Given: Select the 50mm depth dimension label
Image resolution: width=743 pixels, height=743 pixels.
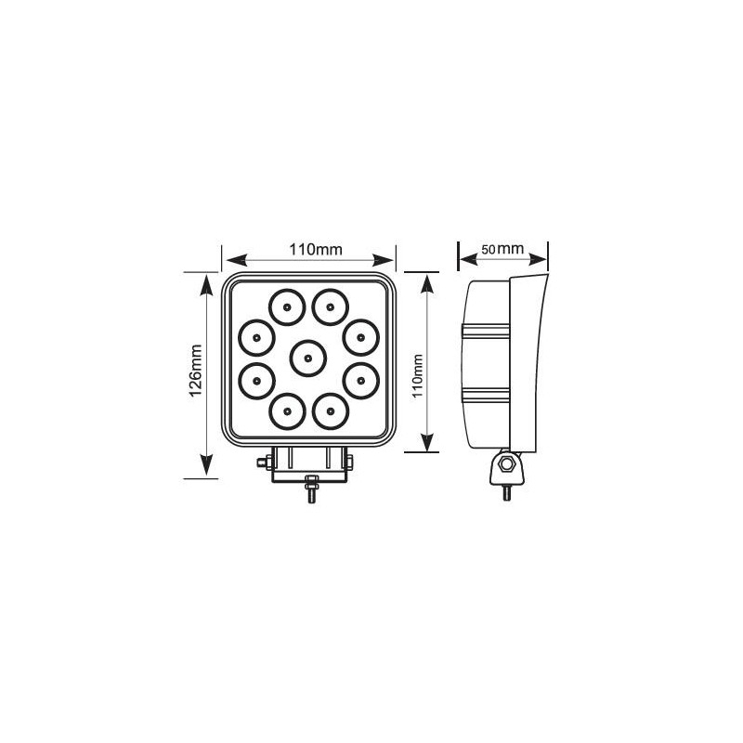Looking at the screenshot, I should (x=502, y=250).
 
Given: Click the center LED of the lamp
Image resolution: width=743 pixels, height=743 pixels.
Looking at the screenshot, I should (x=307, y=356).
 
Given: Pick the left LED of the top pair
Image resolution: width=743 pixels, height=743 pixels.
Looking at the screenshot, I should (x=287, y=305).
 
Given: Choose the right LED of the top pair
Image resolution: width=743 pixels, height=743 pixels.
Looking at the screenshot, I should (x=329, y=305).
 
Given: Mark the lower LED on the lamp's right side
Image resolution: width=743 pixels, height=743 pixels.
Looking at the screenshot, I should (x=359, y=378).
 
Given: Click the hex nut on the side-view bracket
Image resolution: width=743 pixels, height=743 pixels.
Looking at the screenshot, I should (x=506, y=464).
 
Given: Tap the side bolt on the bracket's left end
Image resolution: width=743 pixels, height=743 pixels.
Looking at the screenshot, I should (x=264, y=462).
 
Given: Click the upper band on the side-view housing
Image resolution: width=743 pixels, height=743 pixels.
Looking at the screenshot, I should (x=487, y=330).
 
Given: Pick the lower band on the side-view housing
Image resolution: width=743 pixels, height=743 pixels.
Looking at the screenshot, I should (x=487, y=395).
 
